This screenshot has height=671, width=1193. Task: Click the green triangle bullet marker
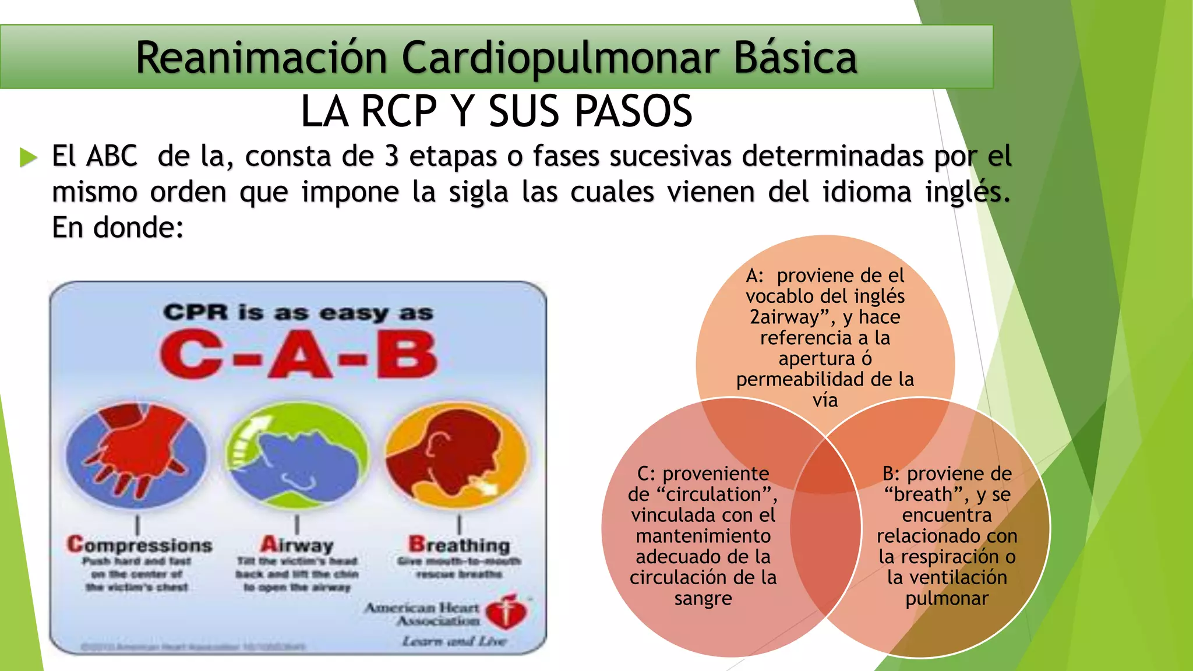(x=28, y=157)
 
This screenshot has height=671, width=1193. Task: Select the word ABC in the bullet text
(x=112, y=156)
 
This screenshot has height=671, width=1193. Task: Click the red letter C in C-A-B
(x=191, y=354)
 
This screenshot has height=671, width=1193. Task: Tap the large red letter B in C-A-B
(x=407, y=354)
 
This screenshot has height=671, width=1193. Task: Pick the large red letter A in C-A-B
(x=299, y=354)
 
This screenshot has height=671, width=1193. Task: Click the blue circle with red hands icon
(x=136, y=454)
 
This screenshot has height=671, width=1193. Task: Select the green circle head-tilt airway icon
(x=297, y=454)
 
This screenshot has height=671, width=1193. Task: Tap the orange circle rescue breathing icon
(x=457, y=454)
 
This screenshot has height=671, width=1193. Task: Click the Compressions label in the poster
(x=140, y=545)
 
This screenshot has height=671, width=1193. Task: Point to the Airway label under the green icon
(x=297, y=545)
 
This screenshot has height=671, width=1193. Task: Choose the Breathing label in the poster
(x=459, y=545)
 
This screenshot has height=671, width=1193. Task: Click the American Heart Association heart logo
(x=506, y=613)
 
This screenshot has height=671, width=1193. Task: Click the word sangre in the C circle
(x=703, y=599)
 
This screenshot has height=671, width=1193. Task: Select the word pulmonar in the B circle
(x=947, y=599)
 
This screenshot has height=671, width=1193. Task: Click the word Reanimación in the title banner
(x=262, y=58)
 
